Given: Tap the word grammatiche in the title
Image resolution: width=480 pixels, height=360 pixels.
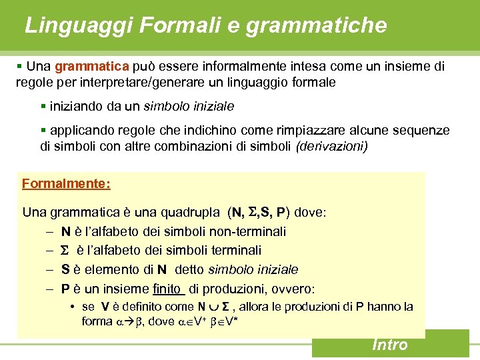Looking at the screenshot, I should coord(316,25).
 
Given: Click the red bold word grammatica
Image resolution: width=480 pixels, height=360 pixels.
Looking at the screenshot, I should coord(92,67).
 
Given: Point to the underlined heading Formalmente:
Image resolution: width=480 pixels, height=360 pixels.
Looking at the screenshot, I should coord(66,183).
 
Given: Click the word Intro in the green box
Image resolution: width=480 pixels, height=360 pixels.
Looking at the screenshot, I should coord(390,344).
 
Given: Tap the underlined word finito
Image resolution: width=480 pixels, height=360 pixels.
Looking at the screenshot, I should coord(167,289).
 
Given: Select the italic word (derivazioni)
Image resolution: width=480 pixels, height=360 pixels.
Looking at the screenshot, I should coord(331,146).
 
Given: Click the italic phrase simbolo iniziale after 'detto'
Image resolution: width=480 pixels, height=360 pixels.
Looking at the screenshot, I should coord(253,269).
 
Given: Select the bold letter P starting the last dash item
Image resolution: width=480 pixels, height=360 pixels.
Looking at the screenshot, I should coord(66,289).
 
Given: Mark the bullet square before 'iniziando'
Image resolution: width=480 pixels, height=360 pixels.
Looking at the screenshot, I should coord(43,106).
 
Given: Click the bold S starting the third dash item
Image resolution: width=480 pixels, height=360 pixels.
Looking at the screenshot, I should coord(66,269).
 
